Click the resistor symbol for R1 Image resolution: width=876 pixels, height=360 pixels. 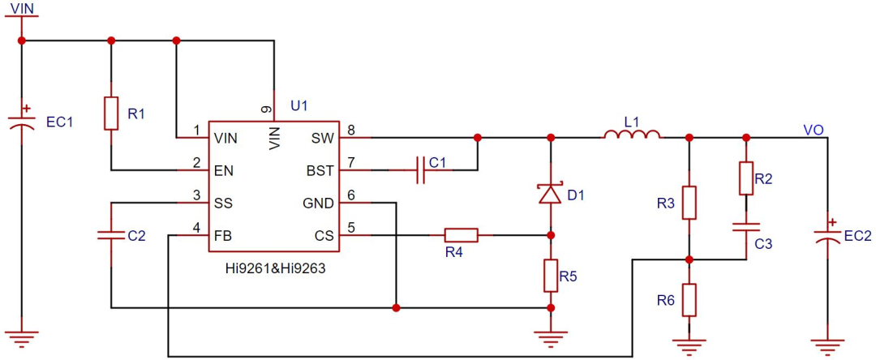coord(111,114)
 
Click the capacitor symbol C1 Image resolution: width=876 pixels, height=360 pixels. coord(422,170)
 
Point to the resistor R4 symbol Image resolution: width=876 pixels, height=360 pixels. coord(461,235)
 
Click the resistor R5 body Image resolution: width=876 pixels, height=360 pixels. coord(551,275)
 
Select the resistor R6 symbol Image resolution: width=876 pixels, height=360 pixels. coord(689,300)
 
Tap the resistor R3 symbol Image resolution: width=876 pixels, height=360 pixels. coord(689,203)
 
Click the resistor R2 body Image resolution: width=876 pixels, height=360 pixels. coord(746,178)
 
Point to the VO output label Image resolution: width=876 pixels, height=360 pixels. coord(813,130)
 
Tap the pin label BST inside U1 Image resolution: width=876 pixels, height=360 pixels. coord(321,170)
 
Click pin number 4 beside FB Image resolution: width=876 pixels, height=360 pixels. coord(196,229)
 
